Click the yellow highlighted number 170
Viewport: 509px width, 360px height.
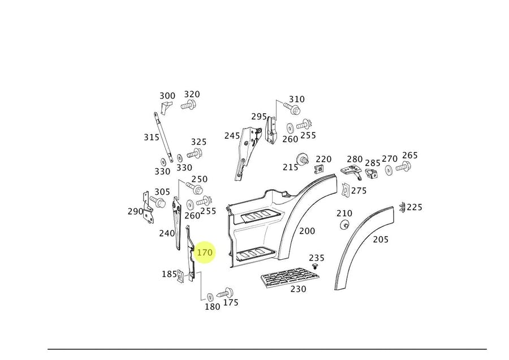coord(204,252)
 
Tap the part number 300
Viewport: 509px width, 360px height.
coord(167,96)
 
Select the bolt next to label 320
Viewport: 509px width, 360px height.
coord(188,105)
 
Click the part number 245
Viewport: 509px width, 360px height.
coord(232,135)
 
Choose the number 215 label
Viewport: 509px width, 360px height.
coord(290,167)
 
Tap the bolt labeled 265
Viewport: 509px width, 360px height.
coord(404,167)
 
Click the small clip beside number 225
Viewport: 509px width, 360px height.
coord(402,207)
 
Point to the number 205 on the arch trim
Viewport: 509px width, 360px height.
coord(381,239)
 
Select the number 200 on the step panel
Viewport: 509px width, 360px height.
coord(307,231)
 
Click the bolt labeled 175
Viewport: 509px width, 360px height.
coord(227,292)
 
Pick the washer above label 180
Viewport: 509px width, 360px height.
coord(210,297)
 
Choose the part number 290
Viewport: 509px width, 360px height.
coord(135,211)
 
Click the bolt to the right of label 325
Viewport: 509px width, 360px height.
coord(196,153)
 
